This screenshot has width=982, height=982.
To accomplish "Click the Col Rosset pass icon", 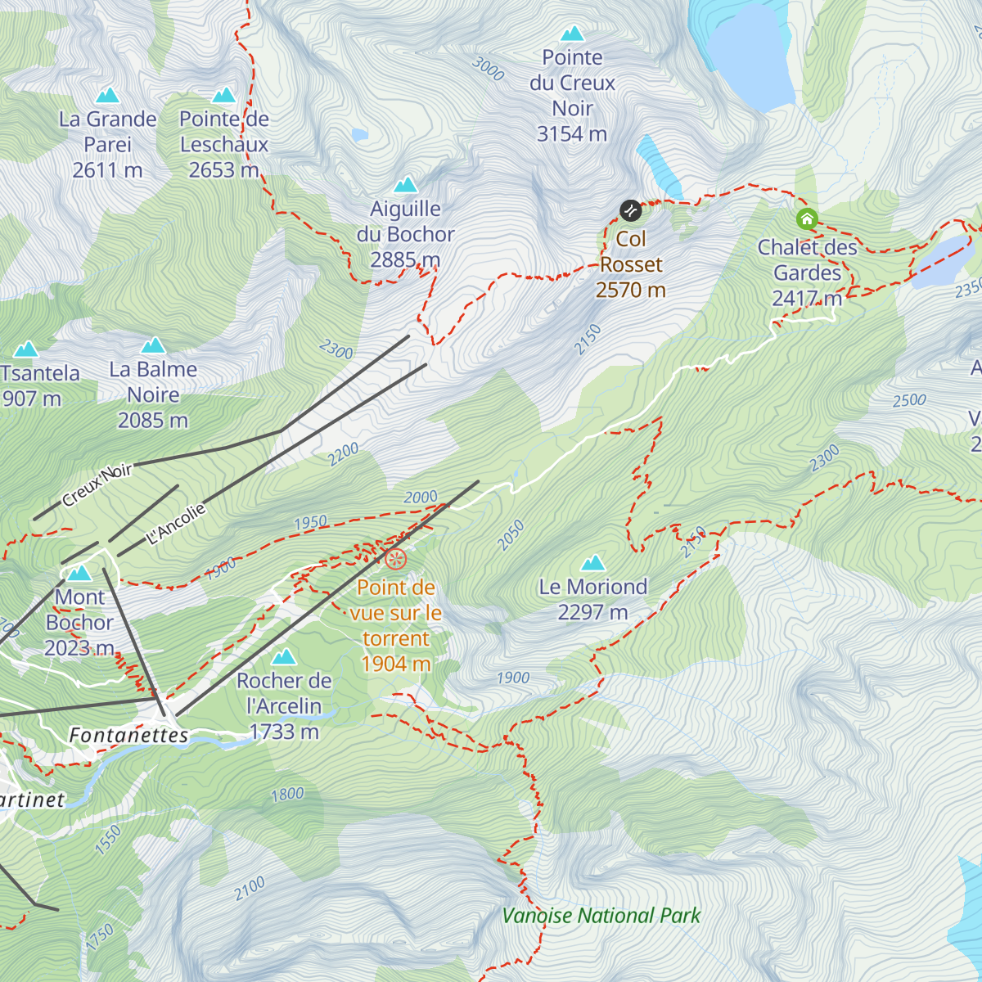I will pos(630,211).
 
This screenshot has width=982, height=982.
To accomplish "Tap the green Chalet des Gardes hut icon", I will pos(807,218).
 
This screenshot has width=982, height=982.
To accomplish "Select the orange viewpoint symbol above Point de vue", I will pos(395,560).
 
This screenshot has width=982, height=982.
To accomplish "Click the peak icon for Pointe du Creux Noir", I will pos(572,34).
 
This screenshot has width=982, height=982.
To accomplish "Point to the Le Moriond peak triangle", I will pos(592,563).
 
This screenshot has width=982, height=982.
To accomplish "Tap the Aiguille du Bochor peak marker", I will pos(405,185).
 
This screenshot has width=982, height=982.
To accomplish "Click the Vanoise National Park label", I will pos(601,916).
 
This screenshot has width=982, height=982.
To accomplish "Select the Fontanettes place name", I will pos(128,735).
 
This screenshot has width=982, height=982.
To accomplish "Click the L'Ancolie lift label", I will pos(176,525).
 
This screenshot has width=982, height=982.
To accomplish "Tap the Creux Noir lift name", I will pos(97,484).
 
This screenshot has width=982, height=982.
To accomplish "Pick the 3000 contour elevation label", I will pos(489,70).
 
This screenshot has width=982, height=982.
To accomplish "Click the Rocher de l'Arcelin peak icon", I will pos(284,656).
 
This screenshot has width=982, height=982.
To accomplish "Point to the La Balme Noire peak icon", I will pos(153,345).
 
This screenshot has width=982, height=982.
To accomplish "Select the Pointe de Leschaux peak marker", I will pos(223,95).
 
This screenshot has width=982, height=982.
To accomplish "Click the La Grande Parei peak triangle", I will pos(107,95).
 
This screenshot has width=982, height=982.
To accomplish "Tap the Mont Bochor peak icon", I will pos(79,573).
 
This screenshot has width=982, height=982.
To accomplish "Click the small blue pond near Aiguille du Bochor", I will pos(359,134).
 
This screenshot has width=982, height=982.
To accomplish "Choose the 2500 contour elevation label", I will pos(909,400).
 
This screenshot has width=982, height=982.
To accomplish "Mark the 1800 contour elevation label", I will pos(287,794).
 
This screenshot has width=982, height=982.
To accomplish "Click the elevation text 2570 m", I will pos(630,290).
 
